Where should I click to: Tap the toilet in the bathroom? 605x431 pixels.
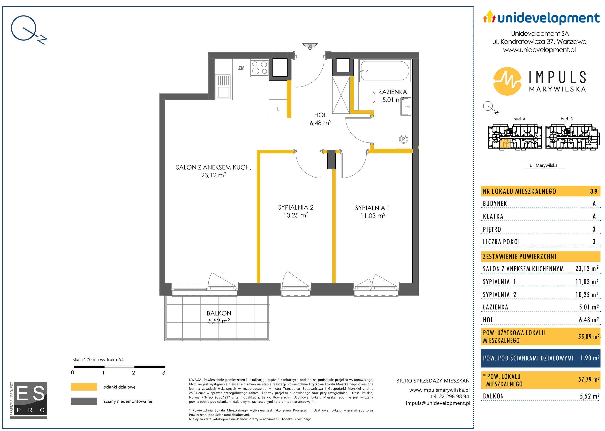point(367,97)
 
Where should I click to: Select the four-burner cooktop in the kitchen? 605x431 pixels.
point(260,67)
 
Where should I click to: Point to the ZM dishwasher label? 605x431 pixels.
point(241,68)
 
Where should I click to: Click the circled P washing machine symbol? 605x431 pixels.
point(403,139)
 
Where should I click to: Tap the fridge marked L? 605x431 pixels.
point(278,109)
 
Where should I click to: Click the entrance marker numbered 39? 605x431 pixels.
point(310,46)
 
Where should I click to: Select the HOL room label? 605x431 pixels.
point(320,115)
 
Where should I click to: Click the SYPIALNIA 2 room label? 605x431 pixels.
point(296,207)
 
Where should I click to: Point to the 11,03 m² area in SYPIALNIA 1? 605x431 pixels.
point(373,216)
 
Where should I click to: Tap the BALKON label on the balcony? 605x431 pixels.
point(219,313)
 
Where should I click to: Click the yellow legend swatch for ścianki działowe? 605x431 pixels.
point(84,387)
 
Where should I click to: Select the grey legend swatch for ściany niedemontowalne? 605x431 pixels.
point(84,401)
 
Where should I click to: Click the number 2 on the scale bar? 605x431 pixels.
point(133,373)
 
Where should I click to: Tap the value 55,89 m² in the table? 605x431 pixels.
point(589,337)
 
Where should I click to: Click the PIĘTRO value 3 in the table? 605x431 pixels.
point(594,229)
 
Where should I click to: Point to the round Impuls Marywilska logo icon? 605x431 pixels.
point(507,81)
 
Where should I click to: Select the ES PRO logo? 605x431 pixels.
point(29,401)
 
